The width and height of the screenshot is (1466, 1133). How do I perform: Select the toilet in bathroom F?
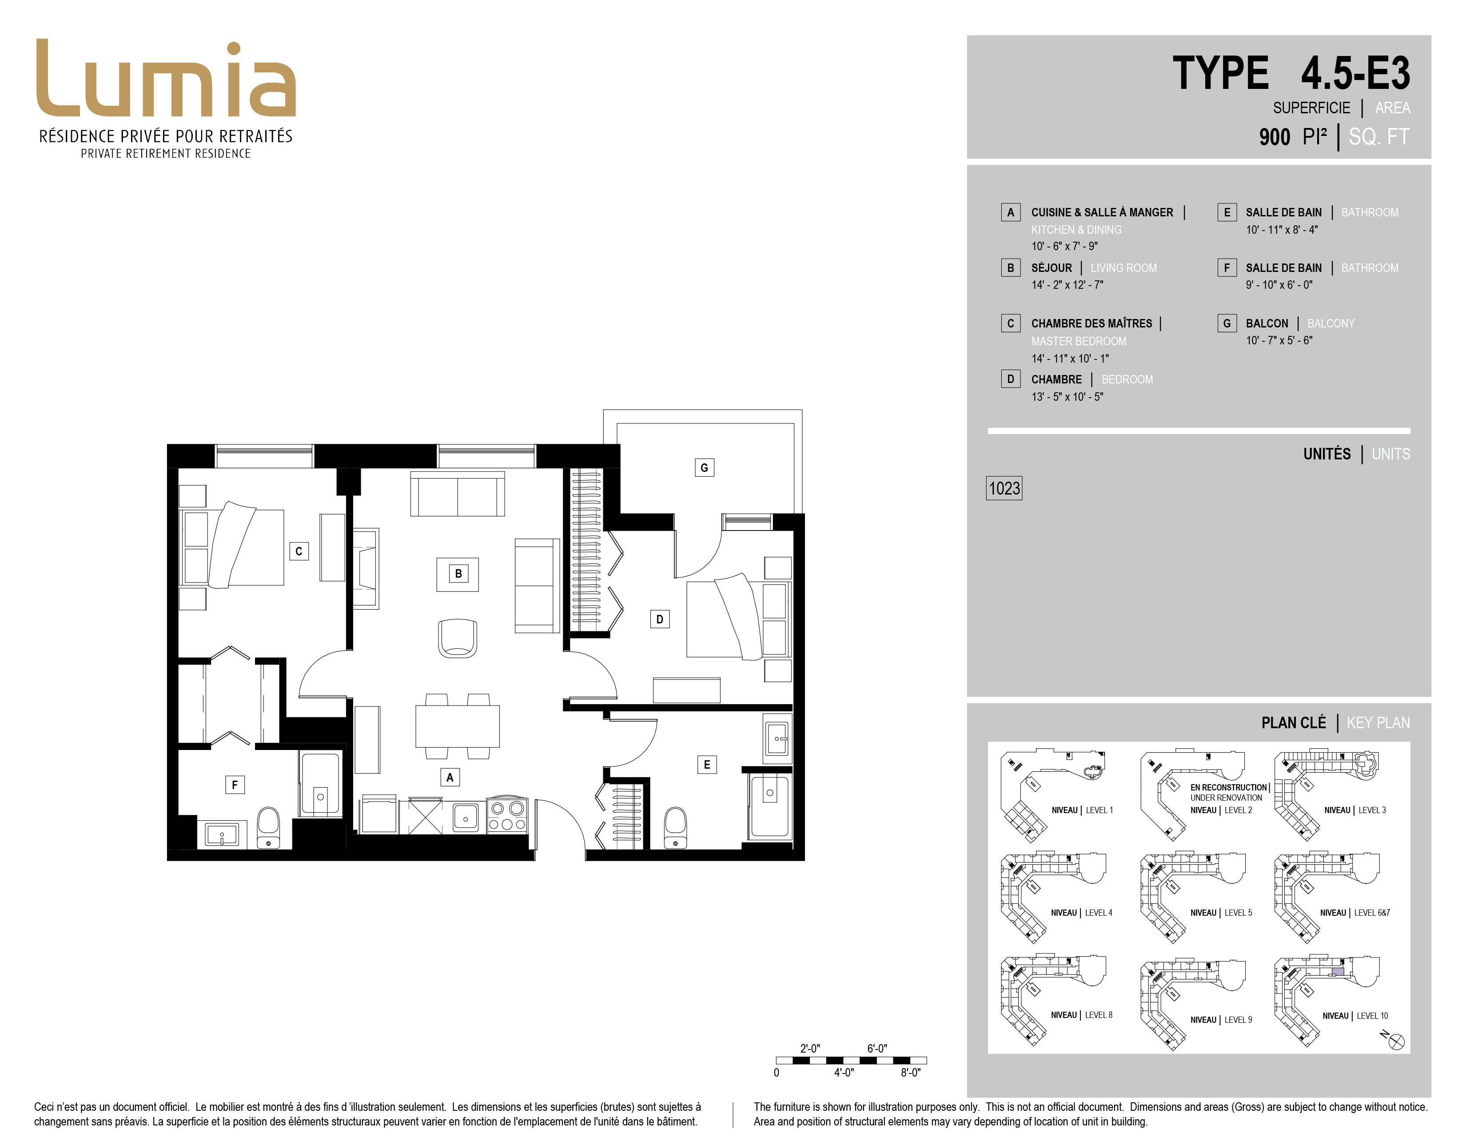coord(268,828)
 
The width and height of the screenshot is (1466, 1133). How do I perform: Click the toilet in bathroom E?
coord(675,828)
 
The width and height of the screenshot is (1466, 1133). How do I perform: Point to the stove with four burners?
coord(507,815)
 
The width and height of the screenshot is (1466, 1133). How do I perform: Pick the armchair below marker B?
coord(457,638)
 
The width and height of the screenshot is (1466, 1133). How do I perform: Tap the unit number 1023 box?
coord(1004,488)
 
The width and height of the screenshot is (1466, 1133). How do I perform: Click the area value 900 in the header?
coord(1274,137)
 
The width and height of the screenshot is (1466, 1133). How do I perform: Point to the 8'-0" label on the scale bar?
coord(910,1073)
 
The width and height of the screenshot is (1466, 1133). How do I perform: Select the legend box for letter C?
coord(1010,323)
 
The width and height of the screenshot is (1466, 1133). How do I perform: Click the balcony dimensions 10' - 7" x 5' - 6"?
coord(1279,340)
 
